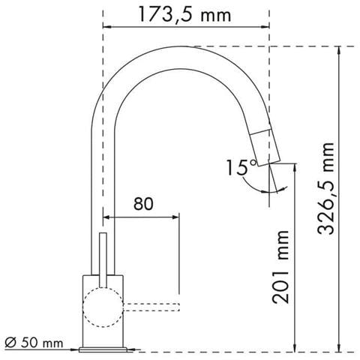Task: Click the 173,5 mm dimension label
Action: (x=184, y=15)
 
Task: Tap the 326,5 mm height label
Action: (x=325, y=189)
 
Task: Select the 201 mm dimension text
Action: (x=280, y=267)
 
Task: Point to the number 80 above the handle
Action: (x=143, y=204)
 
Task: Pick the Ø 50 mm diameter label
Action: (x=34, y=343)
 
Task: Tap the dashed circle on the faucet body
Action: (x=103, y=307)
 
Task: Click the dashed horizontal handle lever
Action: (x=151, y=307)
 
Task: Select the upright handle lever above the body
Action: (x=103, y=260)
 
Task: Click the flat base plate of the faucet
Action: (x=103, y=349)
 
